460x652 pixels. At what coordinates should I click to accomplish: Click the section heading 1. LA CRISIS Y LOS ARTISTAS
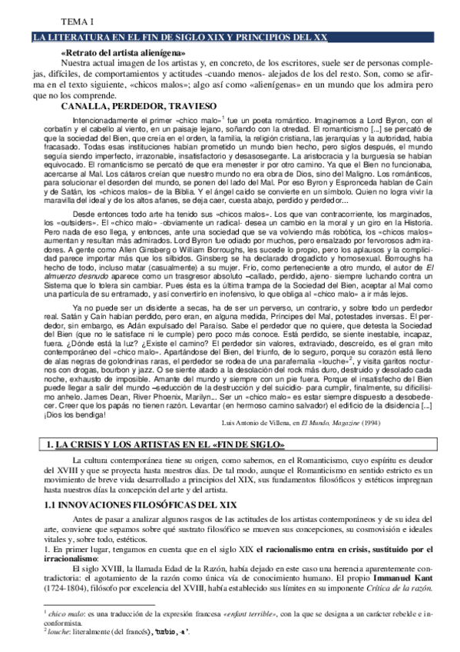pos(166,467)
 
